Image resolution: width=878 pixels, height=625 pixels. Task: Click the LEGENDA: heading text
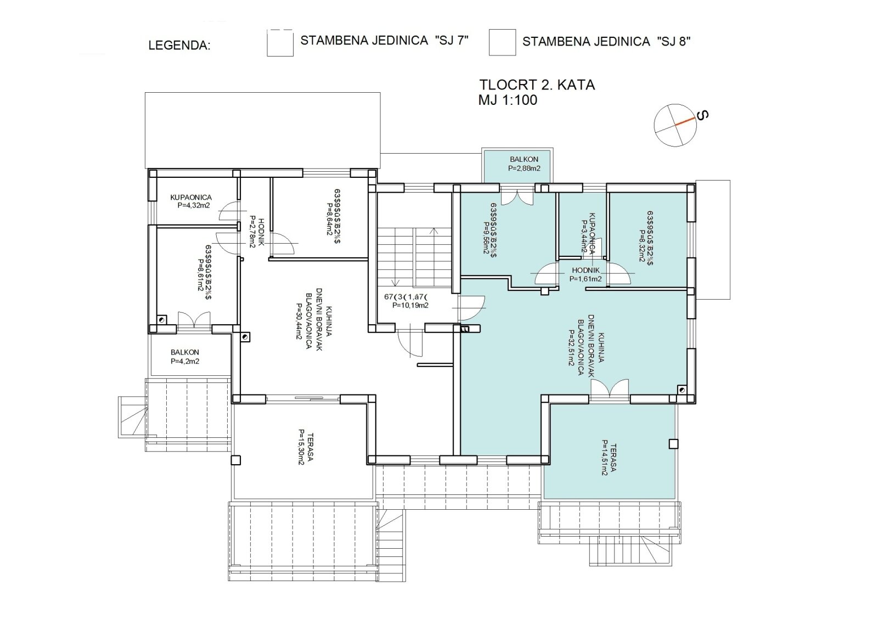pyautogui.click(x=179, y=46)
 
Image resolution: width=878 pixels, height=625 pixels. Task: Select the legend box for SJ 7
pyautogui.click(x=280, y=43)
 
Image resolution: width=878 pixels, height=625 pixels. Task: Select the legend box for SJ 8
pyautogui.click(x=502, y=43)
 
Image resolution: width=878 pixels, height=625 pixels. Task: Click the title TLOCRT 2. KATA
pyautogui.click(x=537, y=85)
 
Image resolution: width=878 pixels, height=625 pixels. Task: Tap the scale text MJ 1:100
pyautogui.click(x=508, y=100)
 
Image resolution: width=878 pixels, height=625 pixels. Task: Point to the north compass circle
pyautogui.click(x=675, y=125)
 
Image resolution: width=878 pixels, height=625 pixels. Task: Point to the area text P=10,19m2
pyautogui.click(x=410, y=306)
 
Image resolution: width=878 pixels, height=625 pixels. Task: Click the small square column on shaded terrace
pyautogui.click(x=673, y=444)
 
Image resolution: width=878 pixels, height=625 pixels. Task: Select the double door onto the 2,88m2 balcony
pyautogui.click(x=517, y=196)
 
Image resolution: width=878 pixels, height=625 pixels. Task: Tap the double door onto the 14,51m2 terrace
pyautogui.click(x=610, y=388)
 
